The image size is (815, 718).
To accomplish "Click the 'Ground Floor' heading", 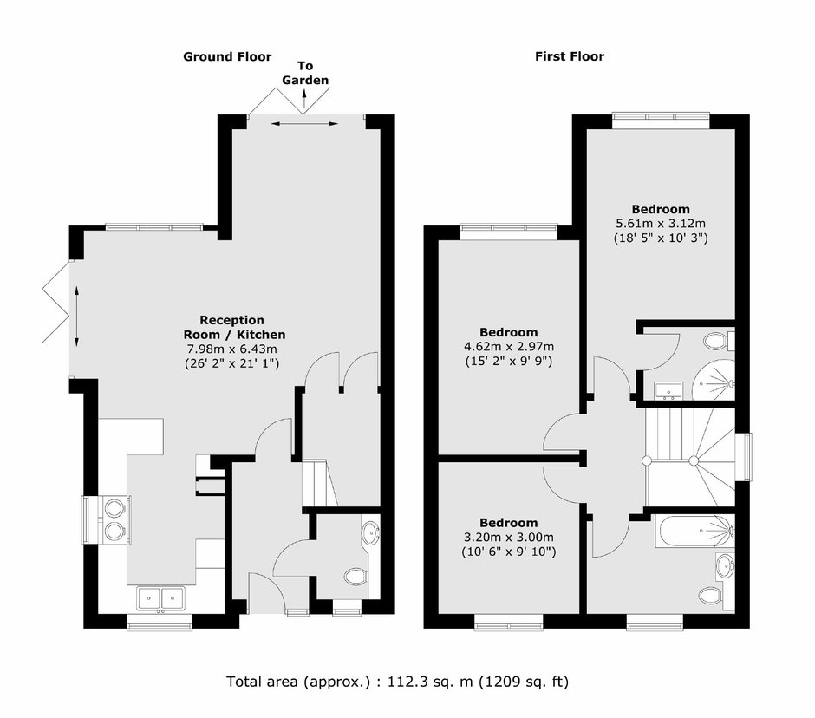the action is (x=227, y=56).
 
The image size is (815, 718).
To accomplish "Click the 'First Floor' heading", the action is (x=570, y=56).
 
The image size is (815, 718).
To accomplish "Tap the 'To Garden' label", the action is (x=305, y=73).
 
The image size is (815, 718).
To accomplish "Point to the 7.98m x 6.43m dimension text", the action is (x=231, y=349).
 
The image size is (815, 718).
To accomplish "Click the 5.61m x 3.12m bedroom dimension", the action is (x=661, y=224).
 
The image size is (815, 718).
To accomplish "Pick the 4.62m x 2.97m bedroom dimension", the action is (x=509, y=346).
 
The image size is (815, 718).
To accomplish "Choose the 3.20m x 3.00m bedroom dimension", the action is (x=509, y=537).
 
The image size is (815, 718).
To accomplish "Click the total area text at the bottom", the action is (x=398, y=681).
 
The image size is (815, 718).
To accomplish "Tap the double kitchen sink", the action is (x=160, y=598).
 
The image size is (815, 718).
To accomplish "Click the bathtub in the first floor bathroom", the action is (x=694, y=531).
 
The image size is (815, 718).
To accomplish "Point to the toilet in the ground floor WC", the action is (x=356, y=576).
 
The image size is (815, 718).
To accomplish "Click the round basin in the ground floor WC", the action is (x=372, y=532).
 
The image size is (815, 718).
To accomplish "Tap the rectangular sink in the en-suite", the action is (x=668, y=390).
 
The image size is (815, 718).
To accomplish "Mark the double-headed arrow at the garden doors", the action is (x=304, y=123).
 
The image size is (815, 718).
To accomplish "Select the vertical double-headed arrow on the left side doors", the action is (x=76, y=317).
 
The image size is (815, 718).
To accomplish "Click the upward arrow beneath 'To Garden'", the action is (x=304, y=99).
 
